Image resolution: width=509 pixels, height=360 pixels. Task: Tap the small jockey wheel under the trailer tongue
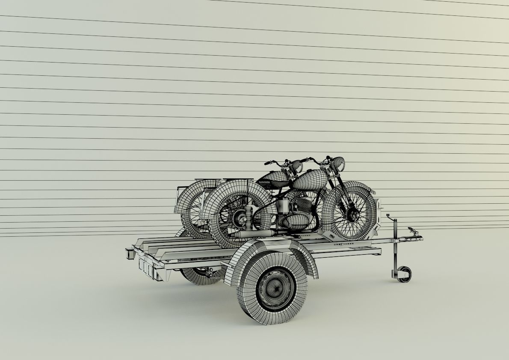pyautogui.click(x=403, y=274)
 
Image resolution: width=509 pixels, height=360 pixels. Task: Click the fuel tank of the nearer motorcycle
pyautogui.click(x=311, y=180)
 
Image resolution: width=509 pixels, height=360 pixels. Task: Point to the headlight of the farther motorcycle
pyautogui.click(x=296, y=165)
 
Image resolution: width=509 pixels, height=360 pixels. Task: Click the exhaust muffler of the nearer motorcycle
pyautogui.click(x=252, y=234)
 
